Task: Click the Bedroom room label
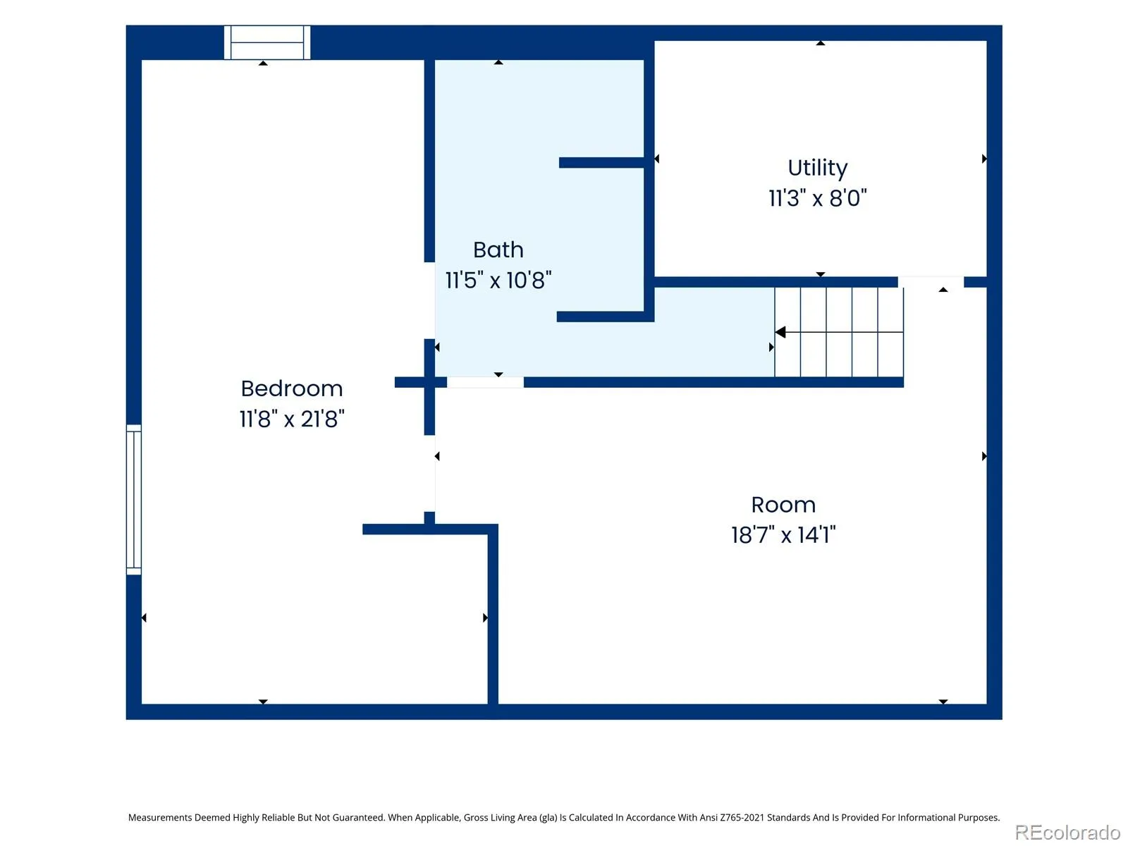click(291, 388)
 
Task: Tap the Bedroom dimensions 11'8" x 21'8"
click(291, 419)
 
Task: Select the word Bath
click(498, 250)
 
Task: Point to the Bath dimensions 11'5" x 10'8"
click(498, 281)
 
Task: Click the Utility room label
click(817, 168)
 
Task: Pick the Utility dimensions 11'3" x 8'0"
click(817, 198)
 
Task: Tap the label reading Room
click(783, 505)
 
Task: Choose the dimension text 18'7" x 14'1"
click(783, 535)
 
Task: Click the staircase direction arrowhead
click(780, 332)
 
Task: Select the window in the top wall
click(267, 42)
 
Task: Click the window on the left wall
click(134, 499)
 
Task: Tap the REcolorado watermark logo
click(1067, 832)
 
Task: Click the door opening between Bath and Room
click(485, 382)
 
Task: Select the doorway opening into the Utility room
click(931, 282)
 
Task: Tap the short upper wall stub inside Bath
click(601, 163)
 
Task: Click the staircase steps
click(839, 332)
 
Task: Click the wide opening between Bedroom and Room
click(430, 474)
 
